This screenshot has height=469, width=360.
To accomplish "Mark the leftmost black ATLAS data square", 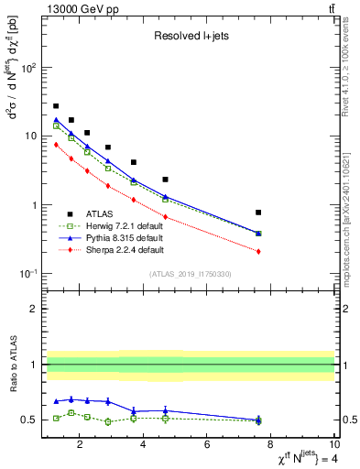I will point(56,106).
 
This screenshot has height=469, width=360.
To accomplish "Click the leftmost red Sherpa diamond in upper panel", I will point(56,144).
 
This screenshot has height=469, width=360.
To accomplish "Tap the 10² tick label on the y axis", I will point(29,68).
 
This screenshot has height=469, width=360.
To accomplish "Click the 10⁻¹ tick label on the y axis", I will point(29,274).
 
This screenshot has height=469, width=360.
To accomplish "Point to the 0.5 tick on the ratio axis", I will point(29,420).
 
